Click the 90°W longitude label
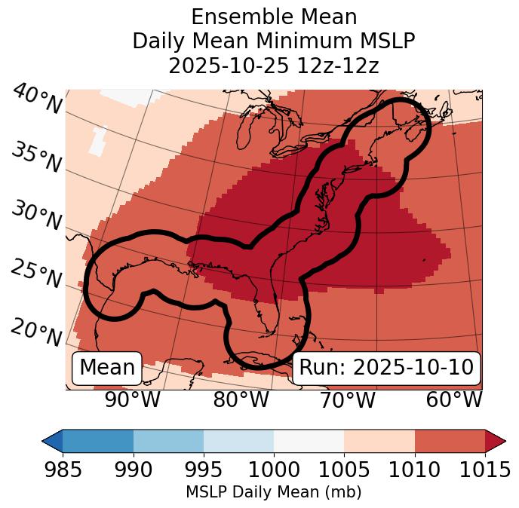pyautogui.click(x=133, y=399)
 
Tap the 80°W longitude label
pyautogui.click(x=241, y=399)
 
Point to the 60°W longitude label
pyautogui.click(x=454, y=399)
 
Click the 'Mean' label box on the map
pyautogui.click(x=107, y=368)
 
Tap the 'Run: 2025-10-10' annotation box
pyautogui.click(x=386, y=368)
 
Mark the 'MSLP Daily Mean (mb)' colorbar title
pyautogui.click(x=273, y=492)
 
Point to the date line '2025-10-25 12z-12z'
pyautogui.click(x=274, y=66)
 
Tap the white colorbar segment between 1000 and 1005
pyautogui.click(x=309, y=440)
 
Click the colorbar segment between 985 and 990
pyautogui.click(x=98, y=440)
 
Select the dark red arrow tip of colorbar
pyautogui.click(x=496, y=440)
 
